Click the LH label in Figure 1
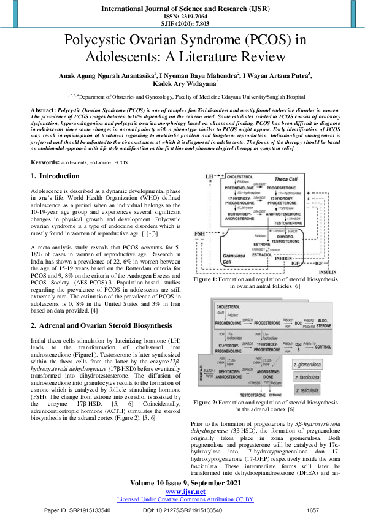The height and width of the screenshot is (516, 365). coord(209,176)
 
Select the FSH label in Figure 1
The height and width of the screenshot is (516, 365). coord(201,235)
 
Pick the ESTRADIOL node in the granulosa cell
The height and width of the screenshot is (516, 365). coord(262,253)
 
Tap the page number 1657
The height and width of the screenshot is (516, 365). coord(313,510)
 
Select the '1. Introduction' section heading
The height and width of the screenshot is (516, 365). coord(55,176)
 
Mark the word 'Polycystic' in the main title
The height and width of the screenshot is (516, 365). coord(101,40)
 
